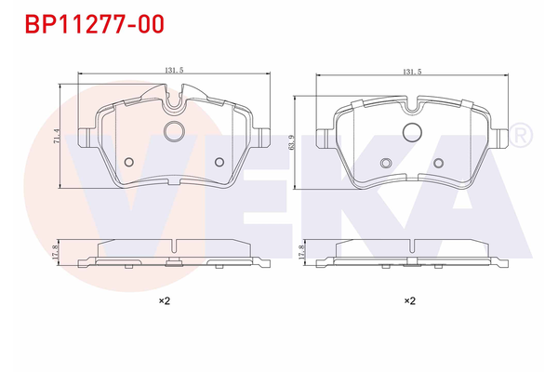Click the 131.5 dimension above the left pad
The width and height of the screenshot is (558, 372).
[173, 70]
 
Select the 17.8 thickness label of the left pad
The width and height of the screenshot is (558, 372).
[57, 251]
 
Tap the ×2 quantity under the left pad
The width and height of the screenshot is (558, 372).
[164, 300]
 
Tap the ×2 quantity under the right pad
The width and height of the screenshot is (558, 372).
[409, 300]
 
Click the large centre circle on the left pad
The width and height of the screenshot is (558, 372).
[174, 131]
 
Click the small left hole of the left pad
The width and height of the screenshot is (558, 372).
[129, 163]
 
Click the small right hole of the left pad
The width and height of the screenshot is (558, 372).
[219, 163]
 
